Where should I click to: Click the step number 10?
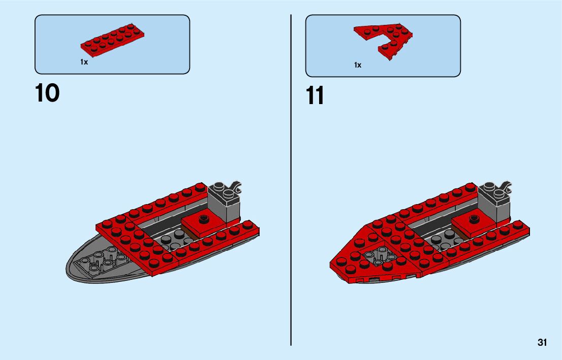(x=47, y=94)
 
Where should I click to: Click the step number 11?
(x=315, y=96)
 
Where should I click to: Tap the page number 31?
(x=542, y=343)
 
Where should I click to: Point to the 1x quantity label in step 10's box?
(x=84, y=62)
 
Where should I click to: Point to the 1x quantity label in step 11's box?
(x=358, y=65)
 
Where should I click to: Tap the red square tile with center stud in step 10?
(x=204, y=222)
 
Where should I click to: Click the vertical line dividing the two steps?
(x=291, y=178)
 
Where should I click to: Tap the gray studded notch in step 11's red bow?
(x=378, y=256)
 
